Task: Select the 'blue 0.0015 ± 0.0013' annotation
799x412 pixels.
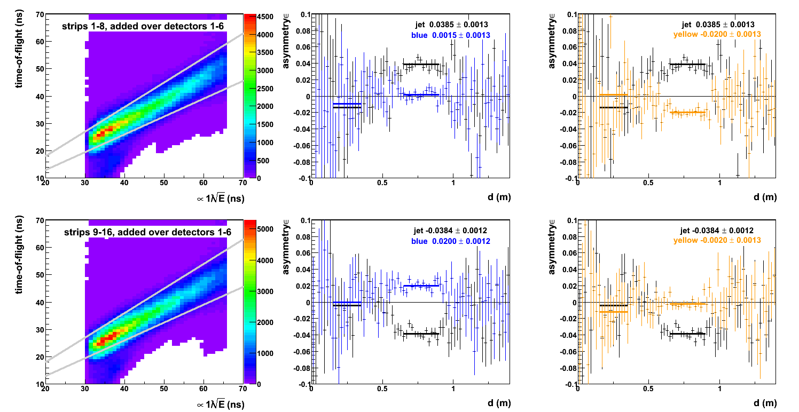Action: (451, 35)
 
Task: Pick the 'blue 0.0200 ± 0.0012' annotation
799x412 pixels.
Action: (451, 241)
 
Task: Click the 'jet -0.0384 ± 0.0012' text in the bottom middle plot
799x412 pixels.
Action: (451, 231)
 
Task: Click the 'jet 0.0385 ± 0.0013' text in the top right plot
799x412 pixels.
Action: (718, 25)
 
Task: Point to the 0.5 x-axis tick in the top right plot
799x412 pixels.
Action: (648, 183)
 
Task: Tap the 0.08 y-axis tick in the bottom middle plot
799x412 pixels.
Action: (300, 236)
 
